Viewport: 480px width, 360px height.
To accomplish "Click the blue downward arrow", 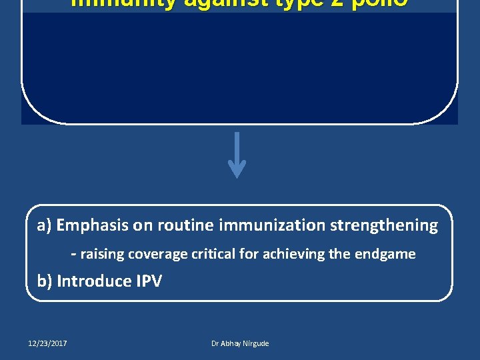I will (237, 156).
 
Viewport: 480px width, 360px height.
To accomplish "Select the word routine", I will (183, 225).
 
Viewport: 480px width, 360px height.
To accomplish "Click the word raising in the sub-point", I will (102, 254).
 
